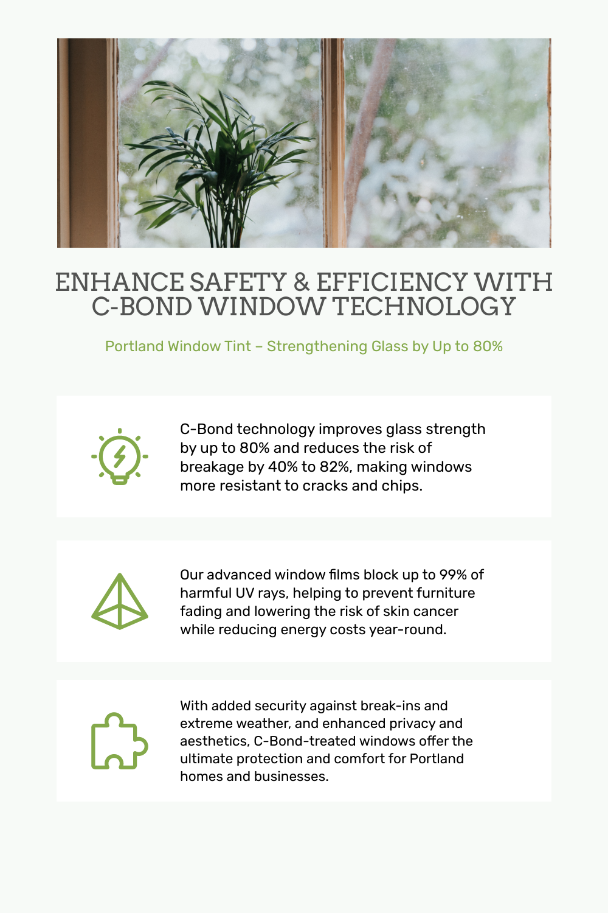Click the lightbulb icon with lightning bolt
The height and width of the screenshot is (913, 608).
click(x=120, y=456)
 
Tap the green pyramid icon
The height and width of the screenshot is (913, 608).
click(x=120, y=602)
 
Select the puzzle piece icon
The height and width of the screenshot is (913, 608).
click(x=119, y=741)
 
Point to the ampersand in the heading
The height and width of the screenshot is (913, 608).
click(x=301, y=283)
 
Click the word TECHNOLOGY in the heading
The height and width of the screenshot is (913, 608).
click(x=425, y=307)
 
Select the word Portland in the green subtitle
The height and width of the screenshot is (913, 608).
click(x=134, y=346)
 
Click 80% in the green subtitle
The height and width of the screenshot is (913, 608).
click(x=488, y=346)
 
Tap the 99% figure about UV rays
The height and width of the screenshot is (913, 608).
click(x=453, y=575)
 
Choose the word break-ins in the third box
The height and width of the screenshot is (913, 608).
click(x=390, y=705)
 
